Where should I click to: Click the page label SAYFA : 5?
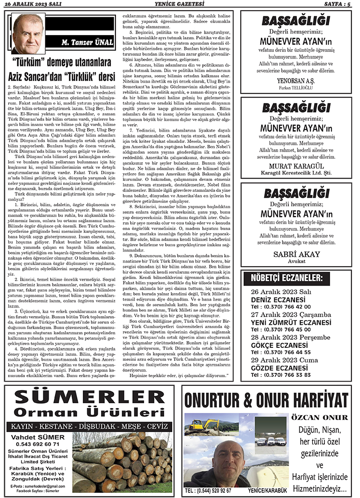tap(339, 4)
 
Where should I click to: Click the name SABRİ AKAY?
tap(295, 254)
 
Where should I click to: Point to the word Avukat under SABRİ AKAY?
tap(295, 262)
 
